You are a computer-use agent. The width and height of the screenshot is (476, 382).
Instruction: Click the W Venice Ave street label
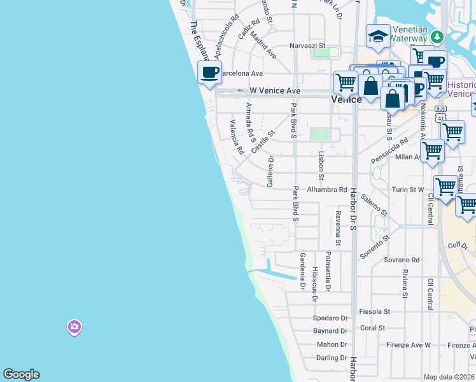tap(274, 91)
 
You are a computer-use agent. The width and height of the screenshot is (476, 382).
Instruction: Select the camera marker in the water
tap(74, 327)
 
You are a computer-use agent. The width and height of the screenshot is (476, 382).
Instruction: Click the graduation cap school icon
tap(378, 36)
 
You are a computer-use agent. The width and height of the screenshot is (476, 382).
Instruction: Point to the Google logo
tap(21, 374)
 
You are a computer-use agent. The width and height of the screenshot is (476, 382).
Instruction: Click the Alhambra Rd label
tap(327, 190)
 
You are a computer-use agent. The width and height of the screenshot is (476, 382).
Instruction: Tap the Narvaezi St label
tap(307, 46)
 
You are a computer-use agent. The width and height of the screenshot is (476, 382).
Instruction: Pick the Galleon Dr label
tap(270, 171)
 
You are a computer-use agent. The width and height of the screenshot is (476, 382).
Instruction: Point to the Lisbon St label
tap(321, 166)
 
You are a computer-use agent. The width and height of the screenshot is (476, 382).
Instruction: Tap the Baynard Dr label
tap(330, 331)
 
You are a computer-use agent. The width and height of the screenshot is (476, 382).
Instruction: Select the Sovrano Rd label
tap(402, 260)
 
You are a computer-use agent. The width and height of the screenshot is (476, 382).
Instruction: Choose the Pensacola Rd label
tap(389, 150)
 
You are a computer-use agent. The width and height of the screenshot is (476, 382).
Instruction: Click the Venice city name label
tap(346, 99)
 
